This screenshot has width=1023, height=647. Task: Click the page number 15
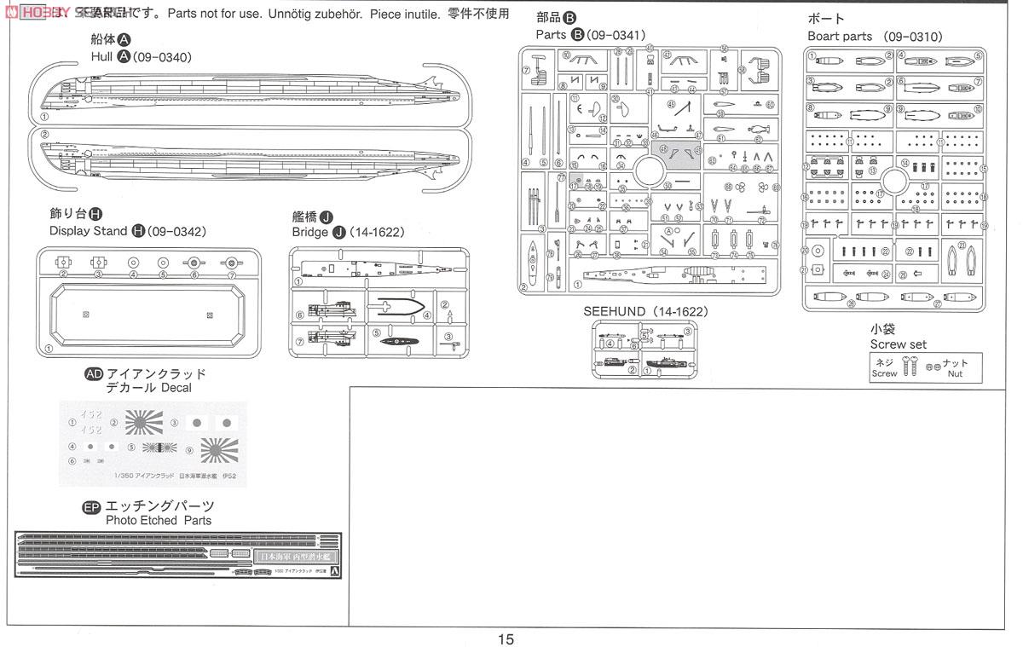click(506, 638)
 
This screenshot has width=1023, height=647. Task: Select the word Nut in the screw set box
click(955, 373)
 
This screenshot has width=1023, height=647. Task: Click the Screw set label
click(898, 344)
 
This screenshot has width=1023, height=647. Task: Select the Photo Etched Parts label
click(159, 520)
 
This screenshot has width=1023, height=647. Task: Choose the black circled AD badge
click(94, 374)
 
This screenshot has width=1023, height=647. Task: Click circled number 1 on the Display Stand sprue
click(49, 348)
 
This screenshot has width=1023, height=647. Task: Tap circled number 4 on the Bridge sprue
click(426, 315)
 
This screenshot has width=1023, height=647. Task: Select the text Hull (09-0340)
click(142, 57)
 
